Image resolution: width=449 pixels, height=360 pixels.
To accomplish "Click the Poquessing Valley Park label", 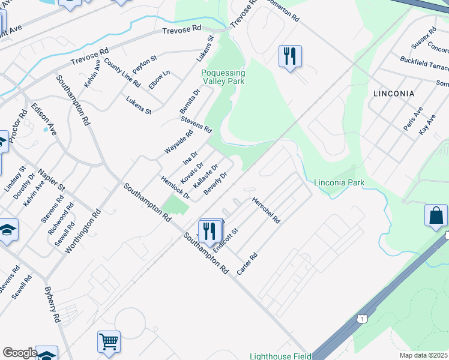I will coord(223,77).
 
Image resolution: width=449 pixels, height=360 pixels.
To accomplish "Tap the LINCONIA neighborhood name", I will coord(394,94).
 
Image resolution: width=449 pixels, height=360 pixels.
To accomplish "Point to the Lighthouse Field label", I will coord(280,356).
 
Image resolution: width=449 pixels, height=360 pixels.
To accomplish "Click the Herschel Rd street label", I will coord(266,211).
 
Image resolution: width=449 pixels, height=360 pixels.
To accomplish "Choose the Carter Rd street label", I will coord(247,263).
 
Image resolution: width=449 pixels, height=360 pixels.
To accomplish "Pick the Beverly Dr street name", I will coord(215,184).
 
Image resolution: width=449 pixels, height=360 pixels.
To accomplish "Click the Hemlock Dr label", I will coord(175,188).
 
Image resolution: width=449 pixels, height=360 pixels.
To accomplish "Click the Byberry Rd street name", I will coord(52,305).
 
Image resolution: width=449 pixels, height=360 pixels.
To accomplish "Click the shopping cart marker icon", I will coord(109,341).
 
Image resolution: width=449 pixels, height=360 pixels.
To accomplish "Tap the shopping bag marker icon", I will coord(436,215).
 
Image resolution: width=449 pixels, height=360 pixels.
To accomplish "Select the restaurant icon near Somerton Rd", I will coord(290,56).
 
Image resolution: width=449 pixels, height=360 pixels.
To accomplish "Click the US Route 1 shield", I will coord(361,319).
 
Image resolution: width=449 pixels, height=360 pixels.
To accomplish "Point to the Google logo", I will coord(20,353).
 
